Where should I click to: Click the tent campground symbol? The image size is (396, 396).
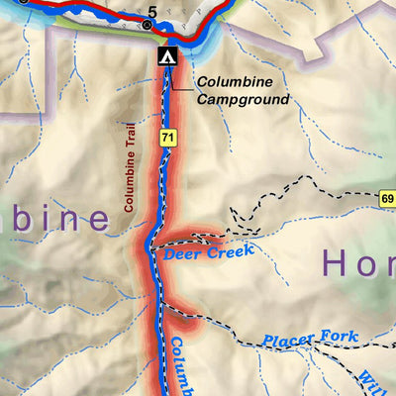point(166,56)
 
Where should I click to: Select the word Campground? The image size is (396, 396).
point(243,99)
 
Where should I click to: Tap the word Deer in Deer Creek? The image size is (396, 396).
point(183,253)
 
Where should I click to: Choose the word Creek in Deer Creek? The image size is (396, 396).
point(232,248)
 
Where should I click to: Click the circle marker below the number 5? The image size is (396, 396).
point(148,25)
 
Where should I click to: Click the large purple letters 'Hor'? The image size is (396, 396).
point(357,263)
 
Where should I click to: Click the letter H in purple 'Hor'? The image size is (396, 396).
point(334,263)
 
